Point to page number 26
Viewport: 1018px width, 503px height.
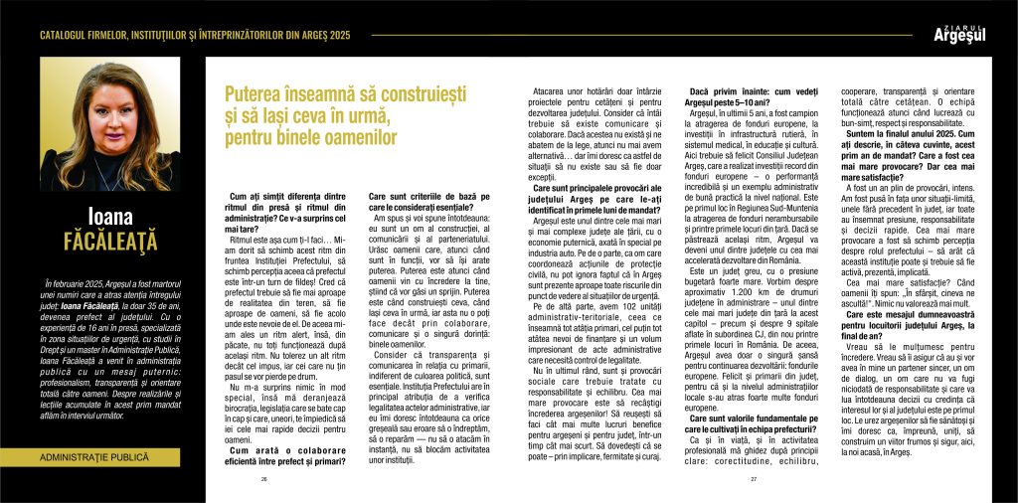pyautogui.click(x=264, y=479)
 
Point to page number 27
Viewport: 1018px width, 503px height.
pyautogui.click(x=754, y=479)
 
